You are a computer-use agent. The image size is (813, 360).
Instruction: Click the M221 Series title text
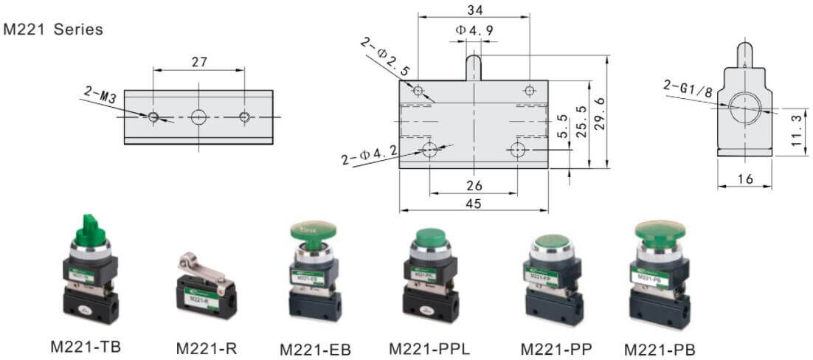[x=53, y=30]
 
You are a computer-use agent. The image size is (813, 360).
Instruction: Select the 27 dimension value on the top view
[x=199, y=62]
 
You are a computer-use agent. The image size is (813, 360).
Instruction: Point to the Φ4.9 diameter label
[x=474, y=30]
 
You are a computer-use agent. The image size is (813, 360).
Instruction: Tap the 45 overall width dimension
[x=474, y=204]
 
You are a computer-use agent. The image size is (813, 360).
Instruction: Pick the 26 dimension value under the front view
[x=474, y=185]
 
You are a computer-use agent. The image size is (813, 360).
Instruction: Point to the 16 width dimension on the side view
[x=744, y=179]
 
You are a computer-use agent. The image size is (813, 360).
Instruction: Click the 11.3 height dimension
[x=795, y=130]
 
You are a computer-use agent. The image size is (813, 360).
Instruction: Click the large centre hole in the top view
[x=199, y=117]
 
